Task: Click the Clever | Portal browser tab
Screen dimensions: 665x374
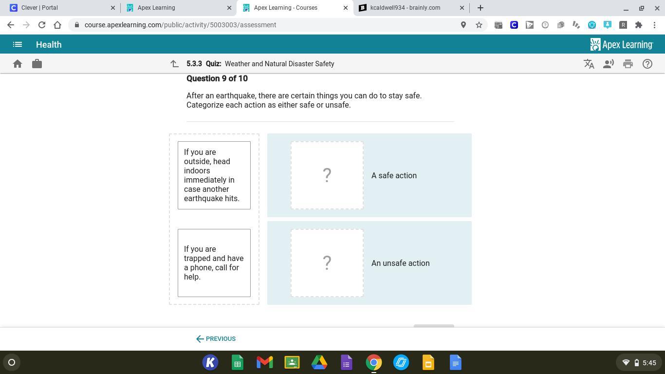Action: [59, 8]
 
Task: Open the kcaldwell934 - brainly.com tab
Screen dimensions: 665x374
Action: [411, 8]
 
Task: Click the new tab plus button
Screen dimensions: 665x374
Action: [480, 8]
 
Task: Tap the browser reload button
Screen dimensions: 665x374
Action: [42, 25]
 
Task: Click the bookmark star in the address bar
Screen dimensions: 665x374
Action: [479, 25]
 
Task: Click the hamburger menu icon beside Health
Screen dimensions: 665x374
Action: [18, 44]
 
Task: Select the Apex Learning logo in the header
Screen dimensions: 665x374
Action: [622, 44]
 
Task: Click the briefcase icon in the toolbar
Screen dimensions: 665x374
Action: [37, 64]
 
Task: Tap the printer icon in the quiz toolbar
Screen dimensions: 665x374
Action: [628, 64]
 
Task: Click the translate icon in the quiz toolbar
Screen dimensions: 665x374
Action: [589, 64]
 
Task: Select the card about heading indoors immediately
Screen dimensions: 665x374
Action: [214, 175]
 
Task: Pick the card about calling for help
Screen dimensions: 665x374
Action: [214, 263]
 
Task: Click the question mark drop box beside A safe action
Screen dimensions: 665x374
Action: [327, 175]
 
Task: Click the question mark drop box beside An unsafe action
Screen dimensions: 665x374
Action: [327, 263]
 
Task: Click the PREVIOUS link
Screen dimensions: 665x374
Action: [216, 338]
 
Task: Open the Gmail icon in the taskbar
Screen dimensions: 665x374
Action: [264, 362]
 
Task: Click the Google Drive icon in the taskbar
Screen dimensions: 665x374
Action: [319, 362]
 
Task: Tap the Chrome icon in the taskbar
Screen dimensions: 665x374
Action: [374, 362]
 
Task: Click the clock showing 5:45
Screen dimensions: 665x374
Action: [649, 363]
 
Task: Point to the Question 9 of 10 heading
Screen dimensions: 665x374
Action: [217, 78]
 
